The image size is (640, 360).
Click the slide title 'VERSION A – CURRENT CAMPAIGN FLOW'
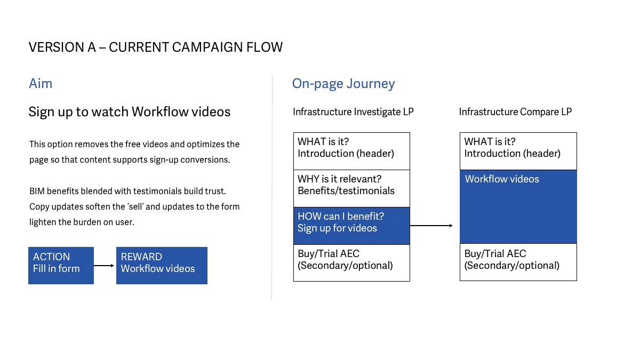[x=155, y=47]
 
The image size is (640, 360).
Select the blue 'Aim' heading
[x=41, y=83]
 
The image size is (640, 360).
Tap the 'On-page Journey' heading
[x=343, y=84]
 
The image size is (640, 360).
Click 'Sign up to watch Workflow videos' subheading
[x=130, y=111]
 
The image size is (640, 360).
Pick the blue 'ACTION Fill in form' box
[x=61, y=266]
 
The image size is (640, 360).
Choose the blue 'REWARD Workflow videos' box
[x=162, y=266]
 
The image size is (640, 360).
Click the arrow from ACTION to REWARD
[x=103, y=266]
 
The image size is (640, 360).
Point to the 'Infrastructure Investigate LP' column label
[x=353, y=111]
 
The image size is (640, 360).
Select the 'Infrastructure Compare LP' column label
[x=515, y=111]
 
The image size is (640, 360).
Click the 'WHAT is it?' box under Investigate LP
[x=351, y=151]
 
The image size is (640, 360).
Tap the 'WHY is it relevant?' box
[x=351, y=189]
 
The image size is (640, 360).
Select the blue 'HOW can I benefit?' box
[x=351, y=226]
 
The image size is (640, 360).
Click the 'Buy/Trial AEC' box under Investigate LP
[x=351, y=263]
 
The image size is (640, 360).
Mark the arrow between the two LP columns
[x=431, y=226]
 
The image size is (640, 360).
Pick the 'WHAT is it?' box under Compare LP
[x=518, y=151]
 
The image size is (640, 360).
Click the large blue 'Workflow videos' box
[x=518, y=206]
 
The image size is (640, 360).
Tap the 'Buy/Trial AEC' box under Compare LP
[x=518, y=262]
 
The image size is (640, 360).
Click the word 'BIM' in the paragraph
[x=37, y=191]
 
